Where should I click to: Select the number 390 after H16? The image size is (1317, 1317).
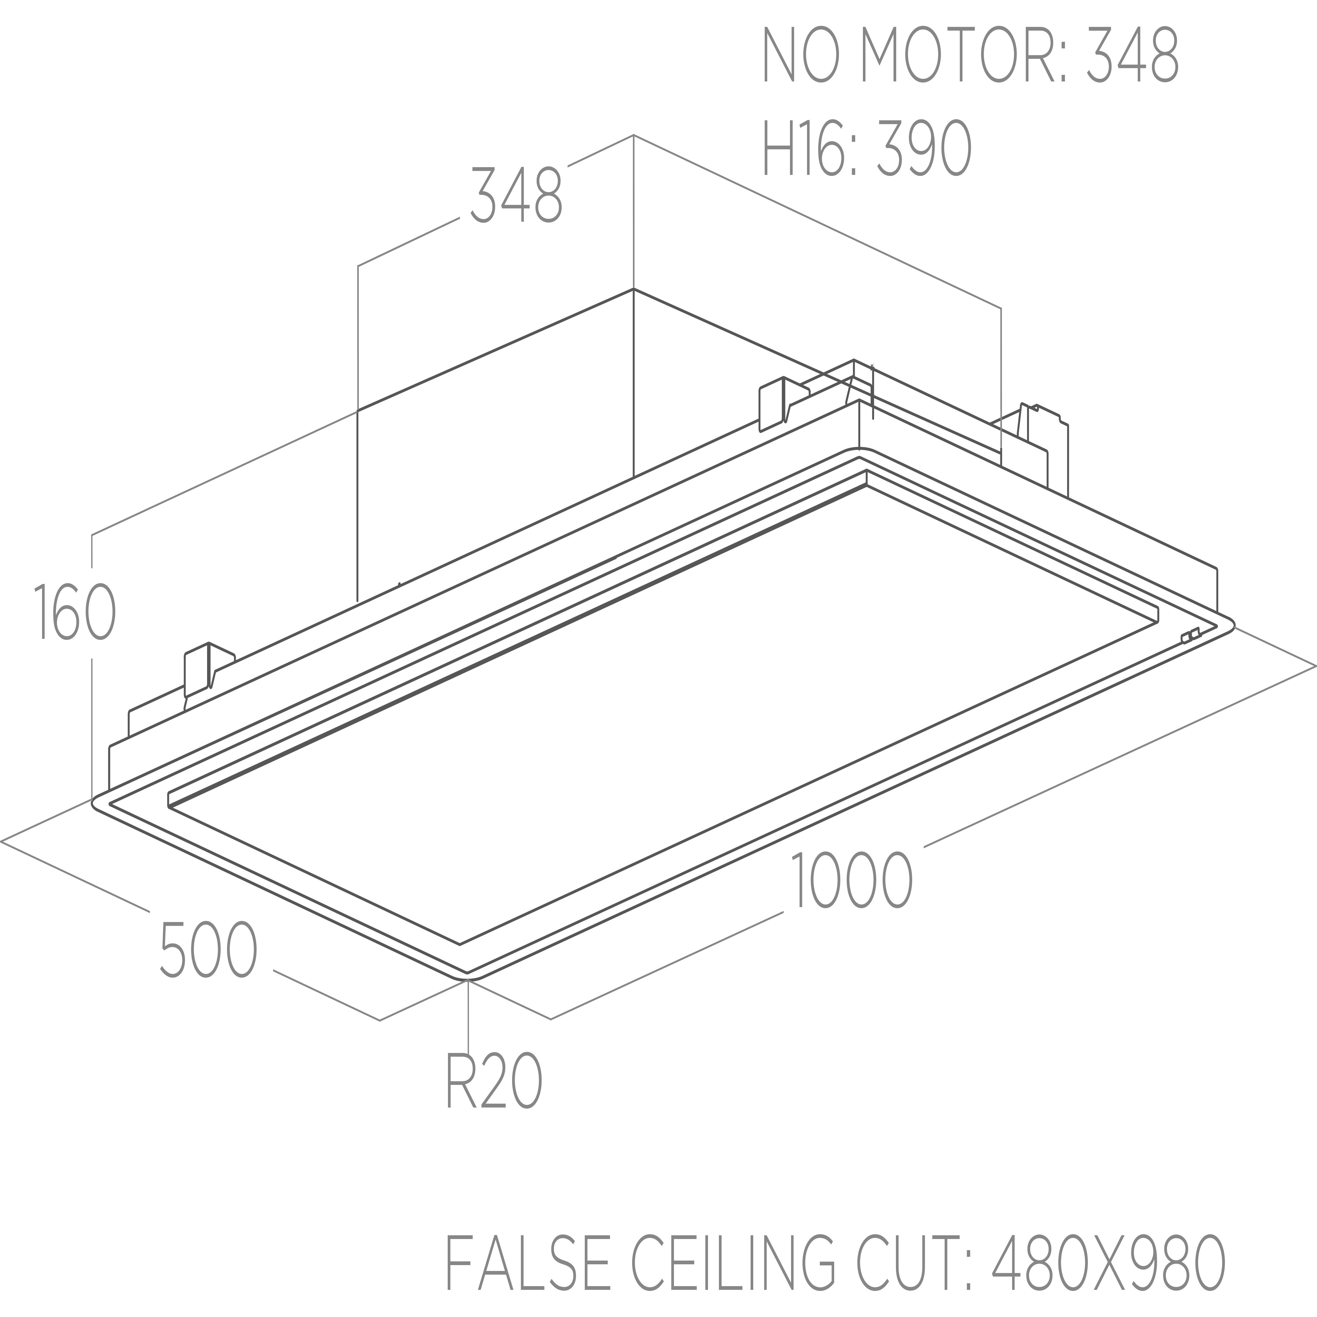coord(924,149)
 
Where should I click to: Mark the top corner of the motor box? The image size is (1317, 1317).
coord(633,289)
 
